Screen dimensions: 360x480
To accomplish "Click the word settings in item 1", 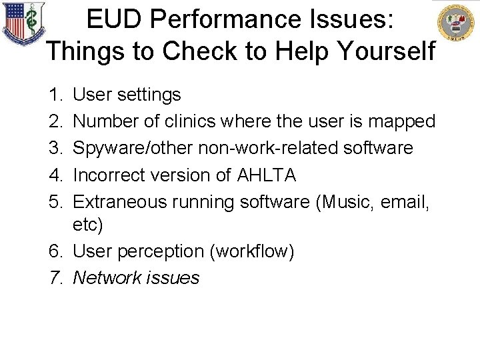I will pos(149,95).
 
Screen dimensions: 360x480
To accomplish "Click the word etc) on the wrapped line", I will pos(88,225).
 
